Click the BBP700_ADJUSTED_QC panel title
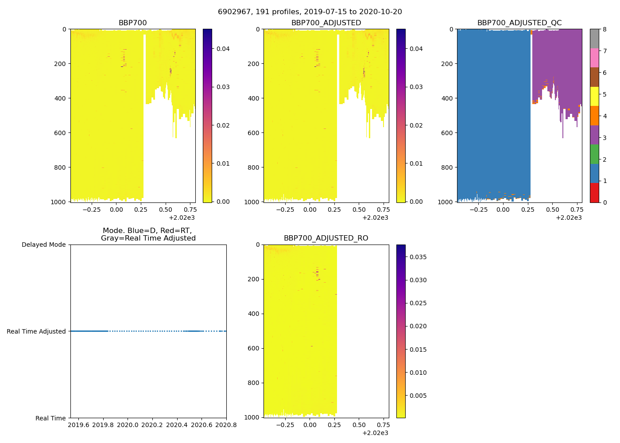tap(519, 23)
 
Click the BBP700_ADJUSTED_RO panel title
tap(326, 238)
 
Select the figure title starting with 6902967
tap(310, 12)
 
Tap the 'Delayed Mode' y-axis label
tap(44, 245)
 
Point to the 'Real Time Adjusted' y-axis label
tap(36, 331)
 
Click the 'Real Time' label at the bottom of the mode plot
tap(50, 418)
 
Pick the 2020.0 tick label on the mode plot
tap(128, 425)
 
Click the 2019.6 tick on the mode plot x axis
tap(78, 425)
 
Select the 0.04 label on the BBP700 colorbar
tap(223, 49)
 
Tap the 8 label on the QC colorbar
tap(604, 29)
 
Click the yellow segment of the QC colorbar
tap(594, 96)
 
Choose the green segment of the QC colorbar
tap(594, 154)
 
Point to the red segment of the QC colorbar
tap(594, 193)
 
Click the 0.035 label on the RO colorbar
tap(418, 257)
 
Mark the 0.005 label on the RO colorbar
tap(418, 396)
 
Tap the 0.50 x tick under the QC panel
tap(552, 210)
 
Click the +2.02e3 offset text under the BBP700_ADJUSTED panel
tap(376, 218)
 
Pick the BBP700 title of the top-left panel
tap(132, 23)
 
